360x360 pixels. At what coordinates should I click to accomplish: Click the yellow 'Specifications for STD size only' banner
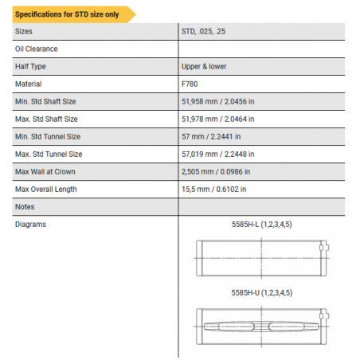coord(71,14)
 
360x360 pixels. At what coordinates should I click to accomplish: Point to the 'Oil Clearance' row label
coord(36,49)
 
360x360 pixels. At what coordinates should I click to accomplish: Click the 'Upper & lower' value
coord(205,67)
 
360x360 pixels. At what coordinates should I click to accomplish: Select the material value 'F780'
coord(191,84)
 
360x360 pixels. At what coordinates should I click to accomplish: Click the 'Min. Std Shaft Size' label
coord(45,101)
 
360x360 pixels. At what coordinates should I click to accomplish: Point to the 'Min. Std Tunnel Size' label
coord(48,136)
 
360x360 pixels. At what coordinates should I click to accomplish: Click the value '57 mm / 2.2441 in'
coord(213,136)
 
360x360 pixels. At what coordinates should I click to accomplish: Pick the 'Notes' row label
coord(25,206)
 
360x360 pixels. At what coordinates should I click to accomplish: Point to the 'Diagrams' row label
coord(30,224)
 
